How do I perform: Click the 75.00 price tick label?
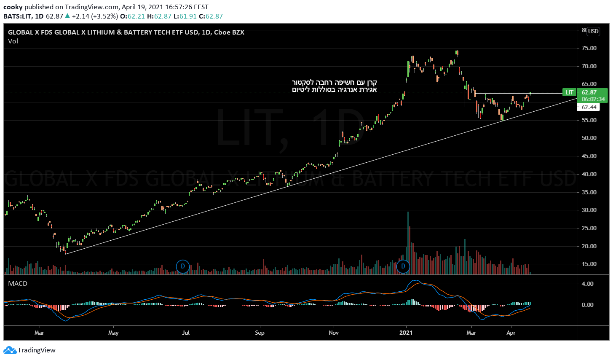point(589,48)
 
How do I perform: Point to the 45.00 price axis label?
point(589,156)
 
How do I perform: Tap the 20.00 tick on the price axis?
point(589,246)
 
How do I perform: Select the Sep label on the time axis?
point(260,333)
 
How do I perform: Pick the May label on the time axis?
point(113,333)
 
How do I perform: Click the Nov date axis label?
point(334,333)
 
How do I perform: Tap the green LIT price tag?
point(570,92)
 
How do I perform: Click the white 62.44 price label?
point(589,107)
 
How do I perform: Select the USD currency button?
point(593,31)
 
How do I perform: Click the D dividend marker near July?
point(183,266)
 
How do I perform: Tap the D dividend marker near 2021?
point(403,266)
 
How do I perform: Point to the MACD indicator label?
point(18,284)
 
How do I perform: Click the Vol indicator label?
point(13,41)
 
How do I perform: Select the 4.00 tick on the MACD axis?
point(587,284)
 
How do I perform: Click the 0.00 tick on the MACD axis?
point(587,305)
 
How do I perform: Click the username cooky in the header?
point(13,7)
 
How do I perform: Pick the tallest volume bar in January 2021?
point(408,242)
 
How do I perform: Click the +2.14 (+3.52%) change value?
point(95,16)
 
